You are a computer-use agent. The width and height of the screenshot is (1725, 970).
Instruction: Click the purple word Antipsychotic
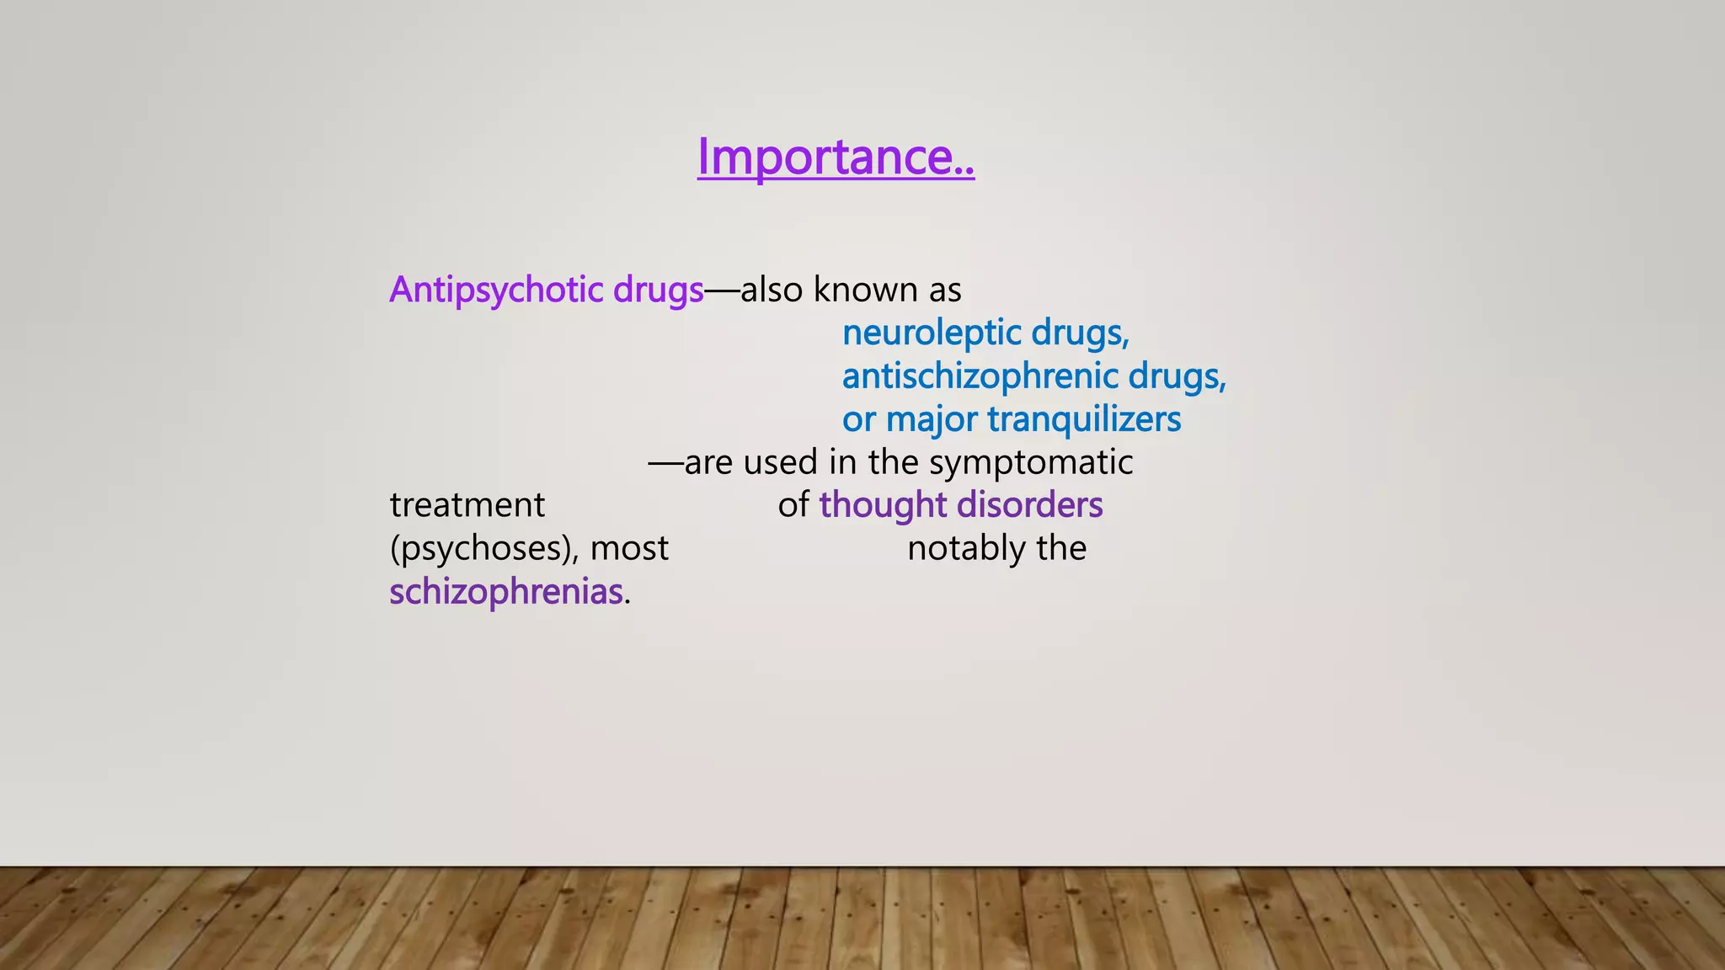point(496,290)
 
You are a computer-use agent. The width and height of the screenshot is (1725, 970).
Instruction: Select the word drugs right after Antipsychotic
point(658,290)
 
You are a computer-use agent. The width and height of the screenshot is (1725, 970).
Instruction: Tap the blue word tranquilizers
point(1084,419)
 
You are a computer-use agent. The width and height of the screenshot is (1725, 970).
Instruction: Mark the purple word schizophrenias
point(506,592)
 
